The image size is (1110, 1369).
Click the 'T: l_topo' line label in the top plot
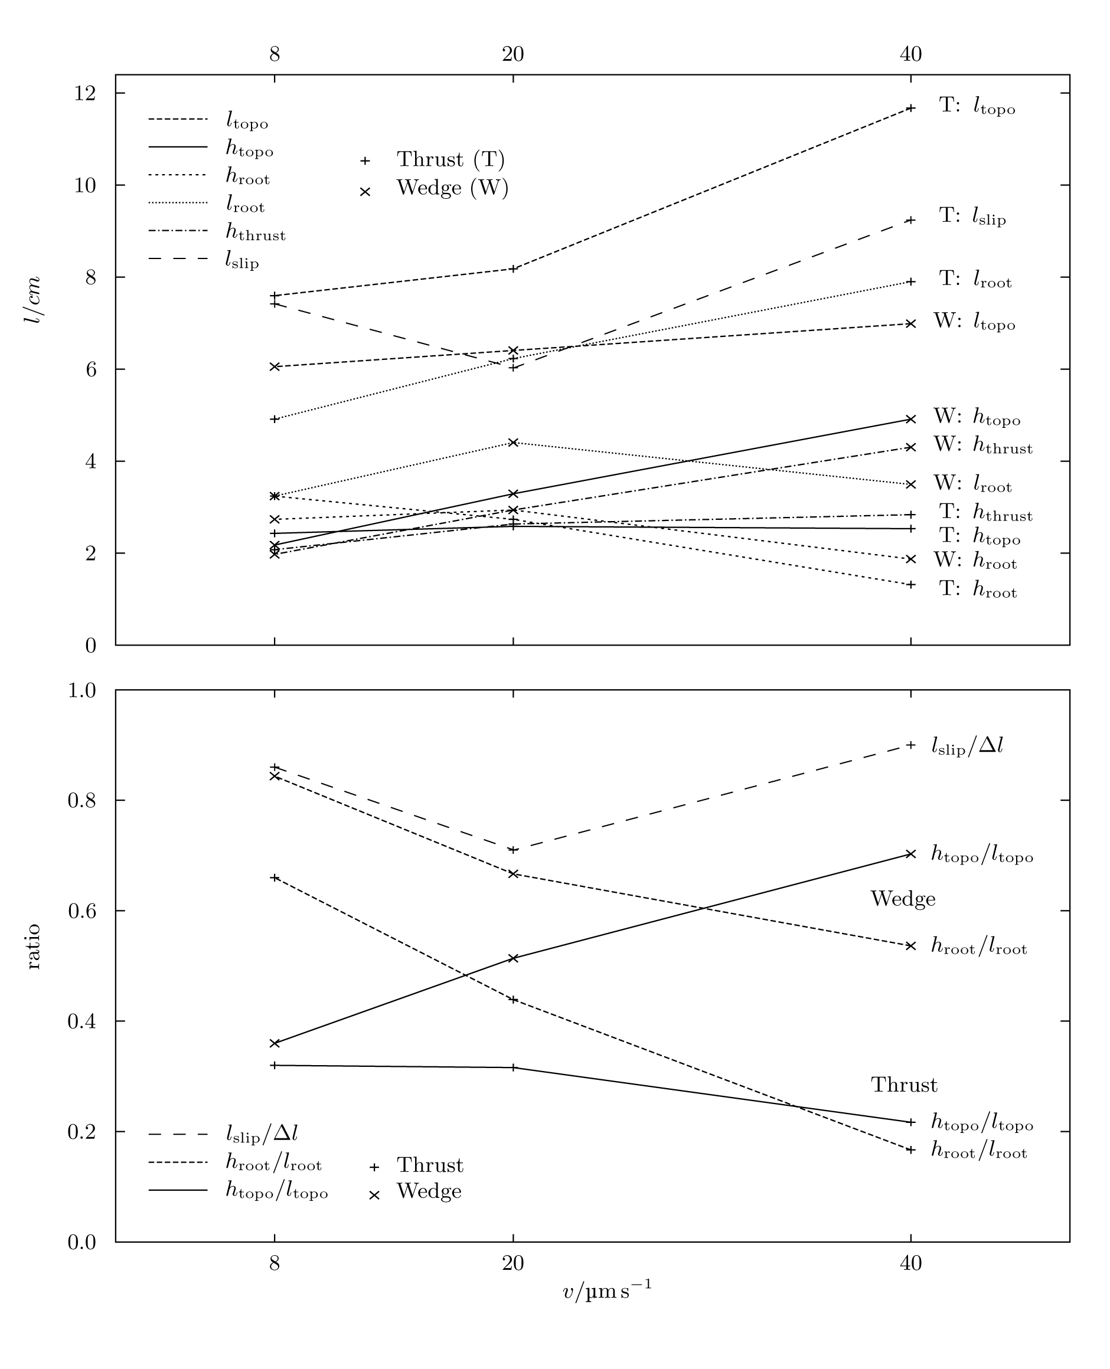pos(977,106)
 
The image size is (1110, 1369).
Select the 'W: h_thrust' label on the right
pos(982,446)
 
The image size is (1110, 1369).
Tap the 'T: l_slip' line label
pos(972,217)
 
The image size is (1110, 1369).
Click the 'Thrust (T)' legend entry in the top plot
pos(450,160)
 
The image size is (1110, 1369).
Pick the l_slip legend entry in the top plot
pos(241,260)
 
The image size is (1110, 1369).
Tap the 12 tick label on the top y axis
pos(85,93)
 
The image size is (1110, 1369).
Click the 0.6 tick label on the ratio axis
pos(81,910)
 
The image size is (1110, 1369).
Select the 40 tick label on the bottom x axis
pos(910,1263)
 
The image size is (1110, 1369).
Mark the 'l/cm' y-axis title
pos(32,300)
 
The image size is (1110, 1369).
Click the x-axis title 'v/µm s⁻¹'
pos(607,1291)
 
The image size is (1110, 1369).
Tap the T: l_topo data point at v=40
pos(910,108)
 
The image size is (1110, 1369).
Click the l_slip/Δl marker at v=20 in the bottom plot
pos(513,849)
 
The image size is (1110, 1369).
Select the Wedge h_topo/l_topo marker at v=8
pos(275,1043)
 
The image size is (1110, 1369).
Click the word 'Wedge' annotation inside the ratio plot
pos(902,899)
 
